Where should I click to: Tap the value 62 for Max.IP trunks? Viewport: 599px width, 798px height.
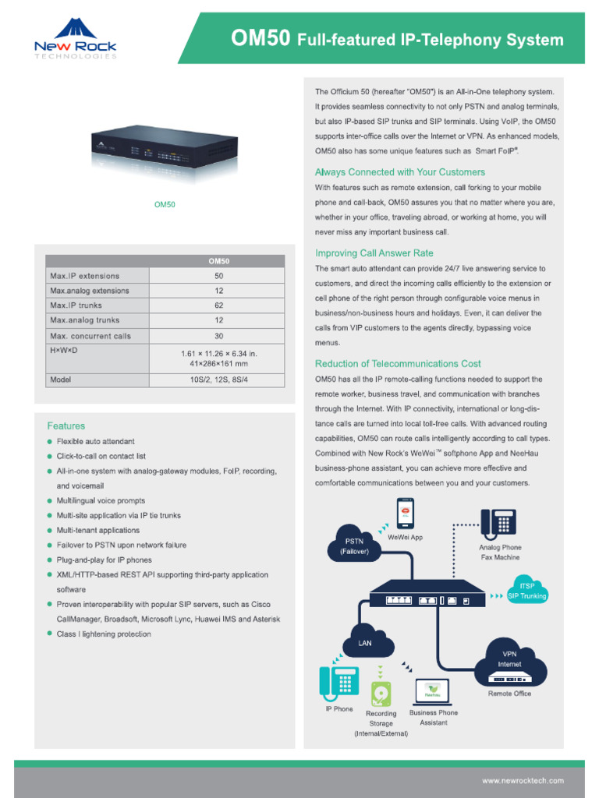coord(218,305)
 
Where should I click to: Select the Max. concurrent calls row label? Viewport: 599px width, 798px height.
coord(90,336)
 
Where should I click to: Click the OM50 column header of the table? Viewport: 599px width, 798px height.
coord(218,261)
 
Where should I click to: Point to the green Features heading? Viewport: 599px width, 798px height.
coord(66,426)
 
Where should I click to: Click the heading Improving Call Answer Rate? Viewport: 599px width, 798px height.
coord(374,253)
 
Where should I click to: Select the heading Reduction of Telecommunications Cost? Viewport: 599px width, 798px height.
coord(398,364)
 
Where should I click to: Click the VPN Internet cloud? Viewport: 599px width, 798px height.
coord(509,659)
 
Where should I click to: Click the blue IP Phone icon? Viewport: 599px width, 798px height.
coord(338,683)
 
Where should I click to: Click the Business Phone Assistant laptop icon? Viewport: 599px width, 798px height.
coord(433,690)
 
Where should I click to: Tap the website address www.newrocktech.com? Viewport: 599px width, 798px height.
coord(523,780)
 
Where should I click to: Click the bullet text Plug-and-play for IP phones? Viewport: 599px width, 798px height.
coord(104,560)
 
